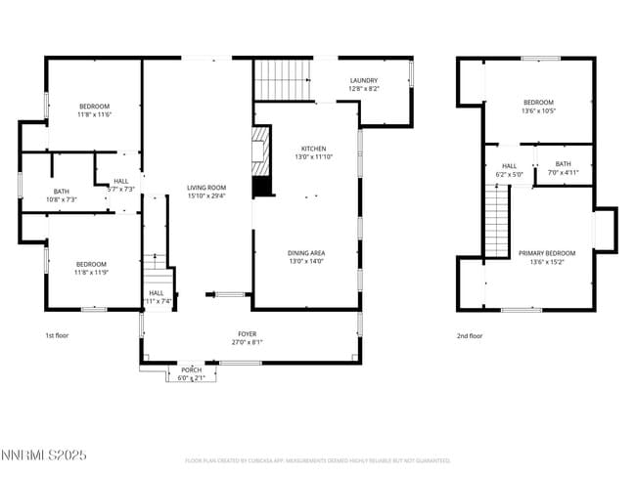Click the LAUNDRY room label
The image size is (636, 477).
(x=363, y=80)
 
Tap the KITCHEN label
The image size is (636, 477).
(x=313, y=148)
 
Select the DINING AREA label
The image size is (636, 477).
(x=306, y=252)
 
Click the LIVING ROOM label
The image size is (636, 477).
(x=206, y=187)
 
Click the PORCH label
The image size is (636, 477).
(x=190, y=369)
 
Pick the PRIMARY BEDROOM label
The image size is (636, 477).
(x=547, y=253)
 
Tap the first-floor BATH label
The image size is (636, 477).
(x=61, y=192)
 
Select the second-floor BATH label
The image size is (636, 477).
(x=563, y=164)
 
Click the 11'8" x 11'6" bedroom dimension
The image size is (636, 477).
(x=95, y=114)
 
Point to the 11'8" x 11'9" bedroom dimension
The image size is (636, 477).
(x=91, y=272)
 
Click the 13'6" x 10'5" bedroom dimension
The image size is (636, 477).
(x=538, y=110)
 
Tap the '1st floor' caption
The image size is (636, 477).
(x=58, y=335)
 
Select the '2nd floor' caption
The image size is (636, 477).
(x=470, y=335)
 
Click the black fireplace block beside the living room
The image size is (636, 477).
(x=261, y=185)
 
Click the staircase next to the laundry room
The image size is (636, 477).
(x=283, y=78)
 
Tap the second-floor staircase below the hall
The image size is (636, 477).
(x=498, y=219)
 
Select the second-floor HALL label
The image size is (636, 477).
(x=510, y=166)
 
